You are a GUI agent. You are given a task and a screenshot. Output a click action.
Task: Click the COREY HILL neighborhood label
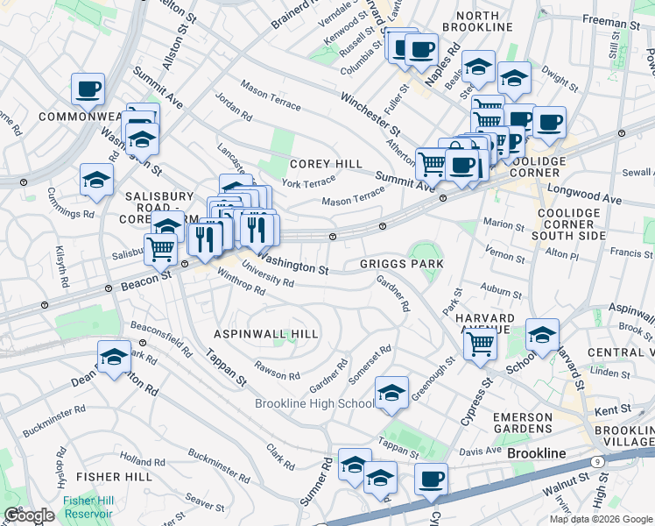click(x=325, y=163)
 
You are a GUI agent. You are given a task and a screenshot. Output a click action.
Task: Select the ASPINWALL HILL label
click(x=266, y=334)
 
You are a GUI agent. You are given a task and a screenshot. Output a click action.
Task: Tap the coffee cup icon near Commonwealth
click(x=88, y=89)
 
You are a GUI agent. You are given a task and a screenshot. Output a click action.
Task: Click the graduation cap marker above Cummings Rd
click(x=97, y=181)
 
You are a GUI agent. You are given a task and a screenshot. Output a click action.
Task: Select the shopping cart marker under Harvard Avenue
click(x=480, y=343)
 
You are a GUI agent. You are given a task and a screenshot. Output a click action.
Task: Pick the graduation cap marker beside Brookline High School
click(x=391, y=393)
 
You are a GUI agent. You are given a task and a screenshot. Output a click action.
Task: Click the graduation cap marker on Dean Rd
click(x=114, y=357)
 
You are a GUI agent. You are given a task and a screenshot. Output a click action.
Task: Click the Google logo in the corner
click(x=29, y=515)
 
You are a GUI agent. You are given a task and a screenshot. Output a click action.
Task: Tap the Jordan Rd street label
click(x=234, y=107)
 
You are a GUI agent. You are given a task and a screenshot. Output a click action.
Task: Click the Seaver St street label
click(x=205, y=503)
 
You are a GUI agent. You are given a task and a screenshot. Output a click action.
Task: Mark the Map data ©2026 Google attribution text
click(x=600, y=519)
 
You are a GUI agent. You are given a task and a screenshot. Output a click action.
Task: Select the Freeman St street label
click(x=602, y=24)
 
